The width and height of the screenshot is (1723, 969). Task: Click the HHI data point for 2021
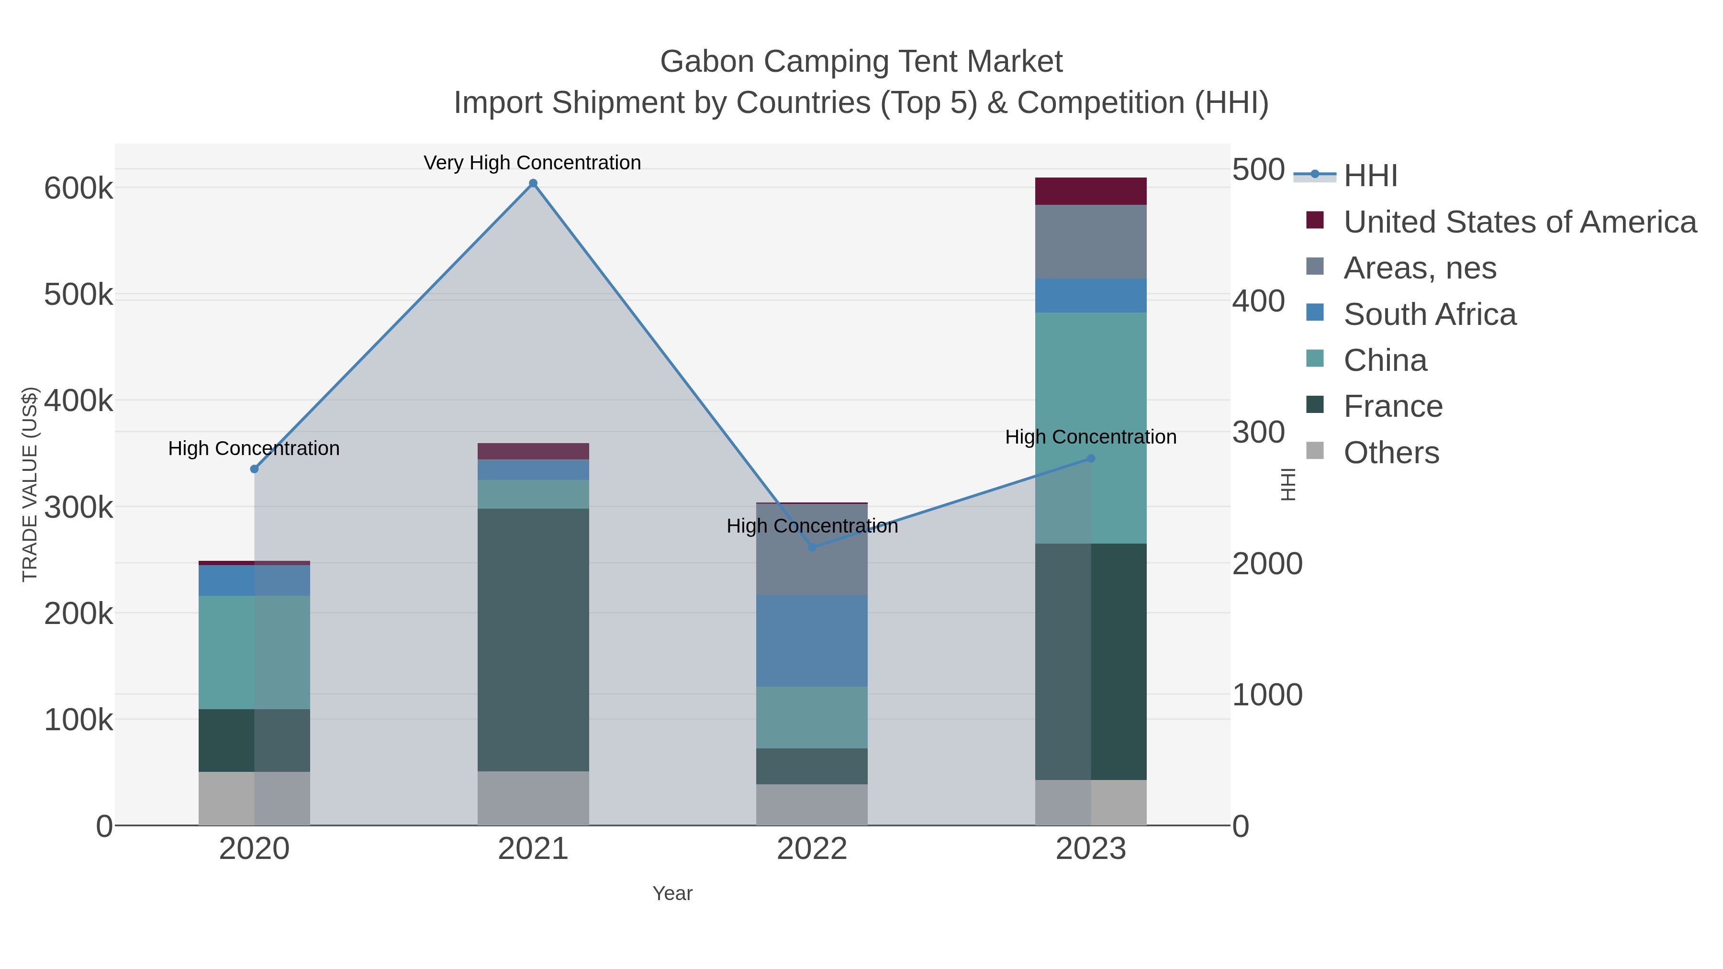(x=533, y=183)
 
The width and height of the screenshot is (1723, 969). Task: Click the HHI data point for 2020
(x=254, y=469)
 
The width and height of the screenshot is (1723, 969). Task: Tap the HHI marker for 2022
(x=812, y=547)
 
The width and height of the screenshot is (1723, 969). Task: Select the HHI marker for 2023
(x=1091, y=458)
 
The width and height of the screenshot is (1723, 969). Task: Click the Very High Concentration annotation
(x=532, y=163)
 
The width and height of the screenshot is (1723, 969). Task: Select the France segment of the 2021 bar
(x=533, y=639)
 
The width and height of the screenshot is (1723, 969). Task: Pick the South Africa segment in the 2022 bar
(x=812, y=641)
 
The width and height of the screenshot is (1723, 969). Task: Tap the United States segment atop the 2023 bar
(x=1091, y=191)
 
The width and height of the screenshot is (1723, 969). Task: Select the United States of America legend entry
(x=1519, y=222)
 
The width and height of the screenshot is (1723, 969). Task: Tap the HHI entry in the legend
(x=1370, y=175)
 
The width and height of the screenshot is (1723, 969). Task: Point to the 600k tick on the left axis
(x=78, y=189)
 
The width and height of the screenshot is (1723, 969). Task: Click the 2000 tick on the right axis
(x=1267, y=564)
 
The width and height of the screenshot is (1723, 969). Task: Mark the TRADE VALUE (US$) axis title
(x=30, y=484)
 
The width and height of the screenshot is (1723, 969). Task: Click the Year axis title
(x=672, y=893)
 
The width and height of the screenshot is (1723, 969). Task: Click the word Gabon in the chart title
(x=708, y=62)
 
